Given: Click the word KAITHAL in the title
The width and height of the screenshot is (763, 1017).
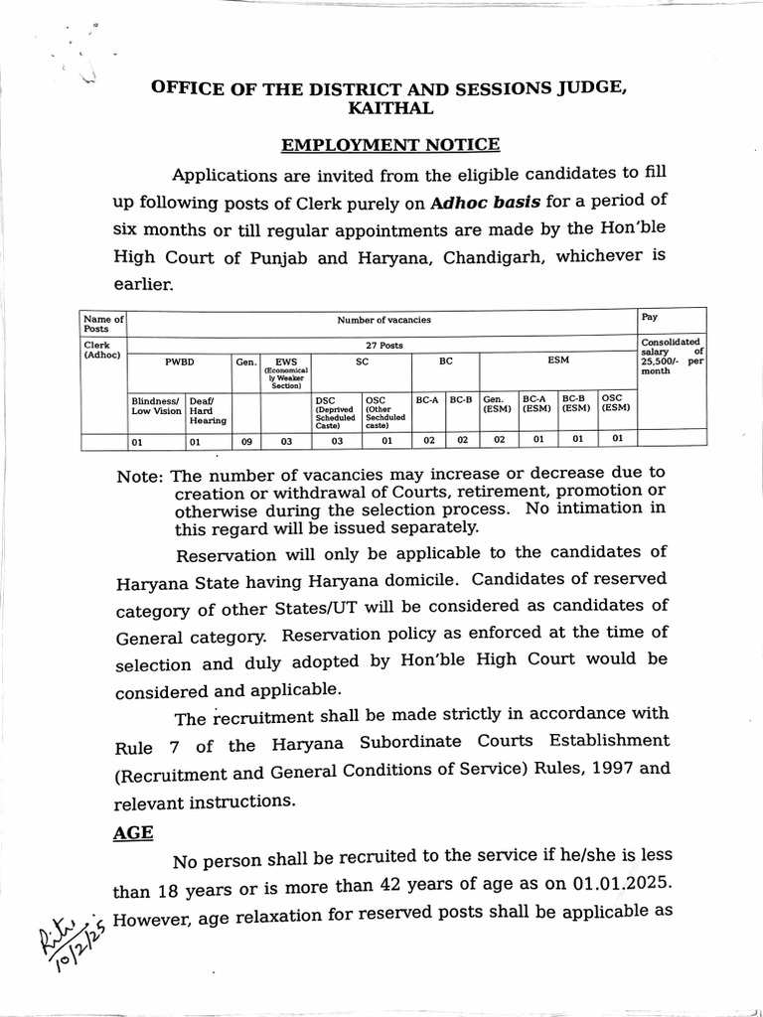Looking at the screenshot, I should click(x=389, y=107).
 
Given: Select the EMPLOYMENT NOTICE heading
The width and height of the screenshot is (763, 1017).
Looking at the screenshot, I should click(x=389, y=146).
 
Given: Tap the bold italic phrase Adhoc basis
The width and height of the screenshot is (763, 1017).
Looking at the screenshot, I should click(x=487, y=202).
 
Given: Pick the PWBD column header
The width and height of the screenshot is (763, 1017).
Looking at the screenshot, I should click(x=180, y=363).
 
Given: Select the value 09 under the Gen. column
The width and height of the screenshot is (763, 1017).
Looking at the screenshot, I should click(x=245, y=439).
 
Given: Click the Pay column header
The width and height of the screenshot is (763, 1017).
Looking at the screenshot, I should click(x=650, y=319).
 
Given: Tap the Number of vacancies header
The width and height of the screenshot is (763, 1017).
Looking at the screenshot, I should click(x=383, y=321).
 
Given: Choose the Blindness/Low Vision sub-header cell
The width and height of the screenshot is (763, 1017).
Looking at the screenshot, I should click(x=157, y=404).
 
